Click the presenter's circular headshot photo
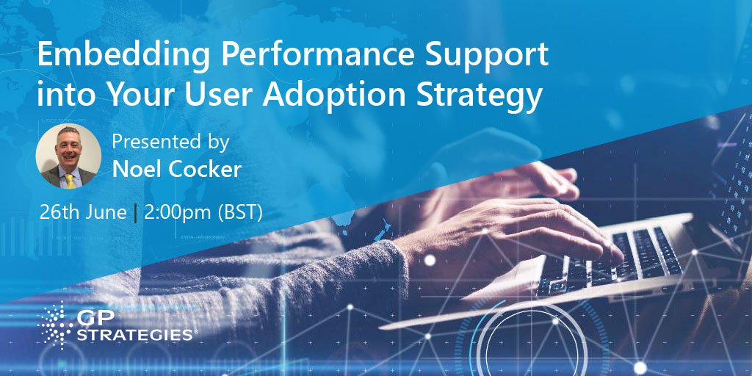pyautogui.click(x=68, y=156)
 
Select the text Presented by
pyautogui.click(x=170, y=141)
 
